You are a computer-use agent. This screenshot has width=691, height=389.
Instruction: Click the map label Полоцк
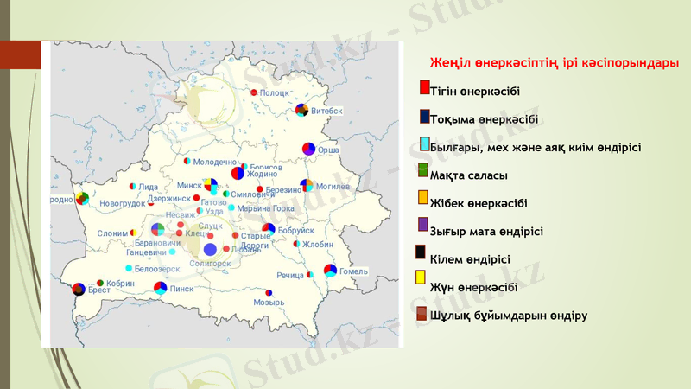tap(275, 92)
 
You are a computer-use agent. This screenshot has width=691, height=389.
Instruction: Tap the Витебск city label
tap(326, 112)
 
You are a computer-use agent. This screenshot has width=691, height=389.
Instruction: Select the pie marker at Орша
tap(308, 150)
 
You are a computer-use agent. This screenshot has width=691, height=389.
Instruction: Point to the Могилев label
tap(333, 186)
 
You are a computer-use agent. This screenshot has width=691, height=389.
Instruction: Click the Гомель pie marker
tap(330, 271)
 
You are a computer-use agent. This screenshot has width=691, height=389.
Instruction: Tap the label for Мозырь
tap(268, 303)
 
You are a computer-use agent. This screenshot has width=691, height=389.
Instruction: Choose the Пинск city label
tap(181, 290)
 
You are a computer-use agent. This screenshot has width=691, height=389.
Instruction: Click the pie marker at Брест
tap(79, 289)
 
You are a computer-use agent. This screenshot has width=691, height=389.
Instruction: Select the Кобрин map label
tap(120, 283)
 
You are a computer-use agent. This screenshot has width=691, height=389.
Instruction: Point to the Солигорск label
tap(210, 263)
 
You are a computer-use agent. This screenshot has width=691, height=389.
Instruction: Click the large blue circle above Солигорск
tap(210, 250)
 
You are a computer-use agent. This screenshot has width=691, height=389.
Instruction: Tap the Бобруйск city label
tap(296, 231)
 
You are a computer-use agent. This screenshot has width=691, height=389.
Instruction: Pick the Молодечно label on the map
tap(214, 162)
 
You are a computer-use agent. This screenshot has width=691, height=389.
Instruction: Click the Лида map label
tap(149, 187)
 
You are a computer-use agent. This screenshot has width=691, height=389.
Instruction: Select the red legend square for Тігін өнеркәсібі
tap(423, 87)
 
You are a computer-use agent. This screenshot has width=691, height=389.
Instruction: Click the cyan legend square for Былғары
tap(423, 144)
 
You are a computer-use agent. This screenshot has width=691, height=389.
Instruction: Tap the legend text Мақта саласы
tap(468, 175)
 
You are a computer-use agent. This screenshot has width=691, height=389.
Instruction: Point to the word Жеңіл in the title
tap(448, 64)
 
